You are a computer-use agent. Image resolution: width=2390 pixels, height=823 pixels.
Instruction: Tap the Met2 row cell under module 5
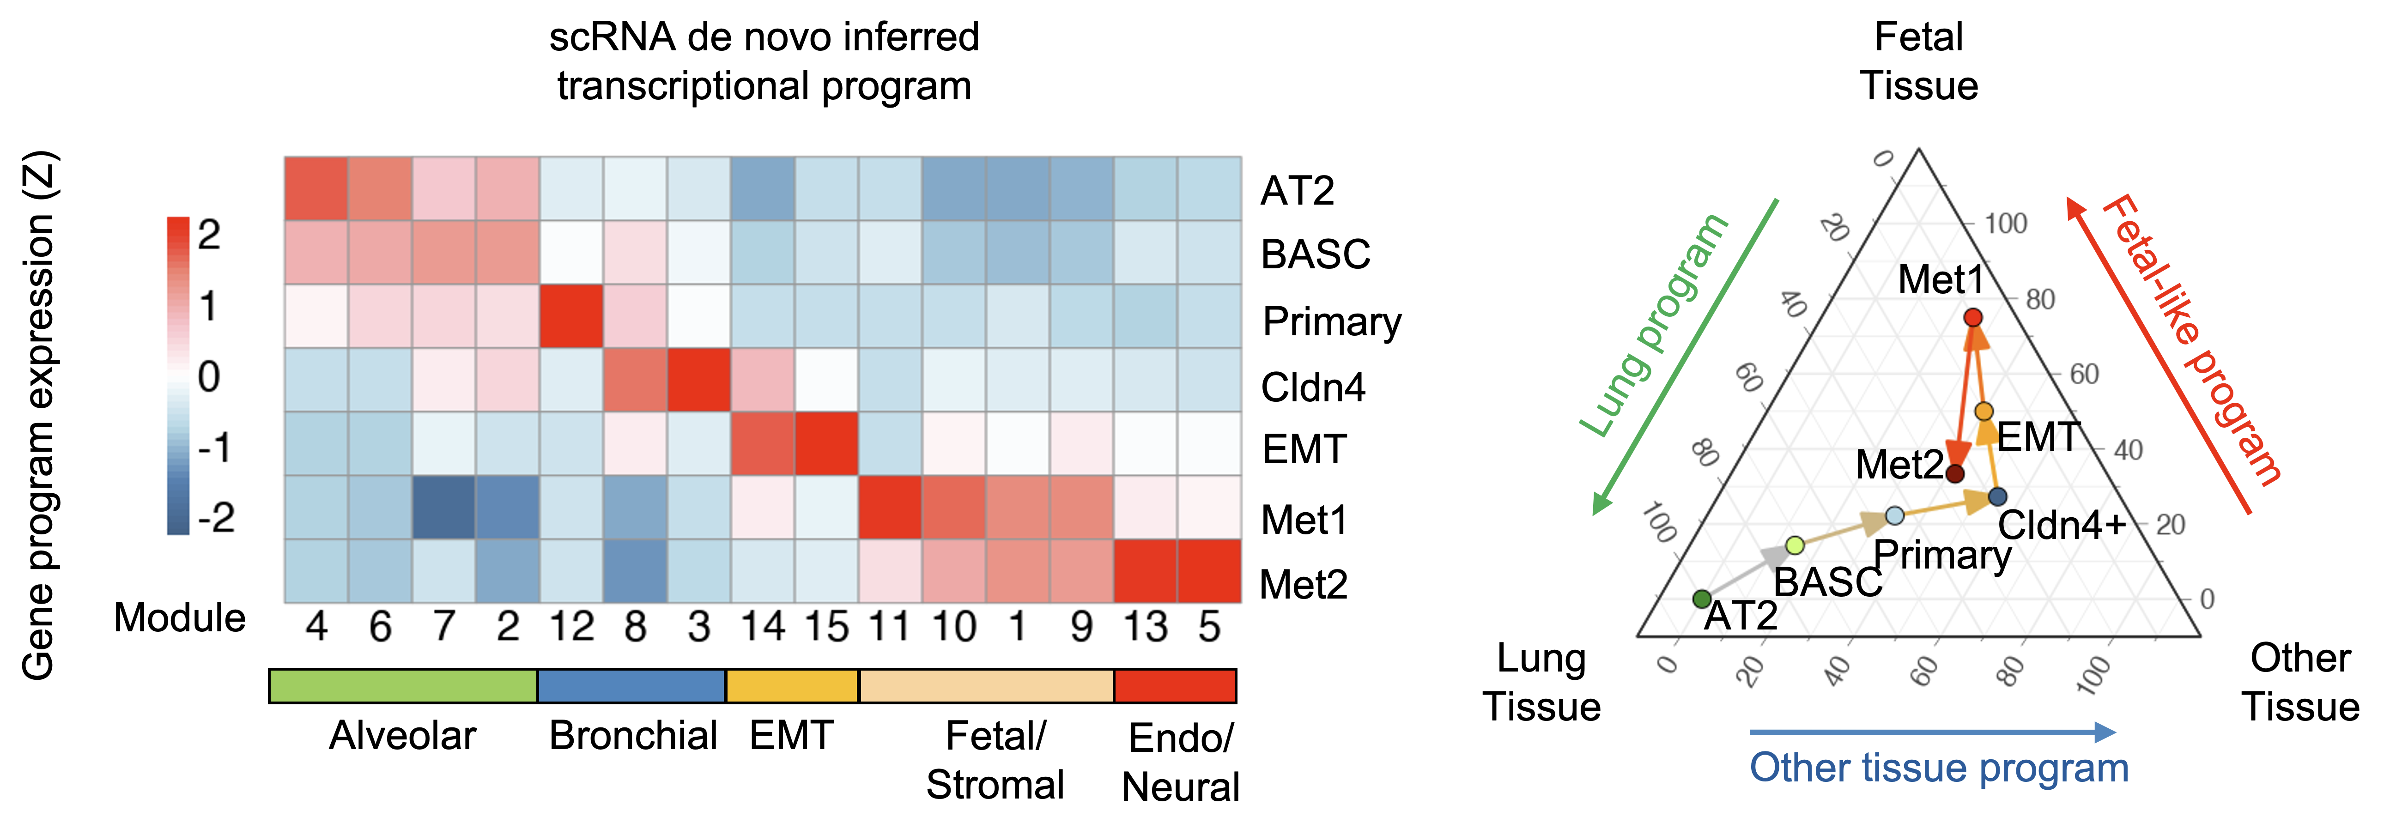(x=1209, y=571)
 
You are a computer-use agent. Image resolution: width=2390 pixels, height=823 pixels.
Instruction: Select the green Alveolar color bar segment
(x=403, y=686)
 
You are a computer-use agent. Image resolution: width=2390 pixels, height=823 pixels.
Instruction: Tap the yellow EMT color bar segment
(x=791, y=686)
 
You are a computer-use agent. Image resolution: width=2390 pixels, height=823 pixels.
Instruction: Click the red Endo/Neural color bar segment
(x=1175, y=686)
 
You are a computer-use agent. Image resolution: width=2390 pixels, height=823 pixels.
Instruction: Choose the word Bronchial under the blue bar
(x=633, y=736)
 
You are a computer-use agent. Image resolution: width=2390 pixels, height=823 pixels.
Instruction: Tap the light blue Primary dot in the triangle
(x=1894, y=515)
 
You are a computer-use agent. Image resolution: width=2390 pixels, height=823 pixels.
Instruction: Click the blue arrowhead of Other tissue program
(x=2106, y=732)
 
